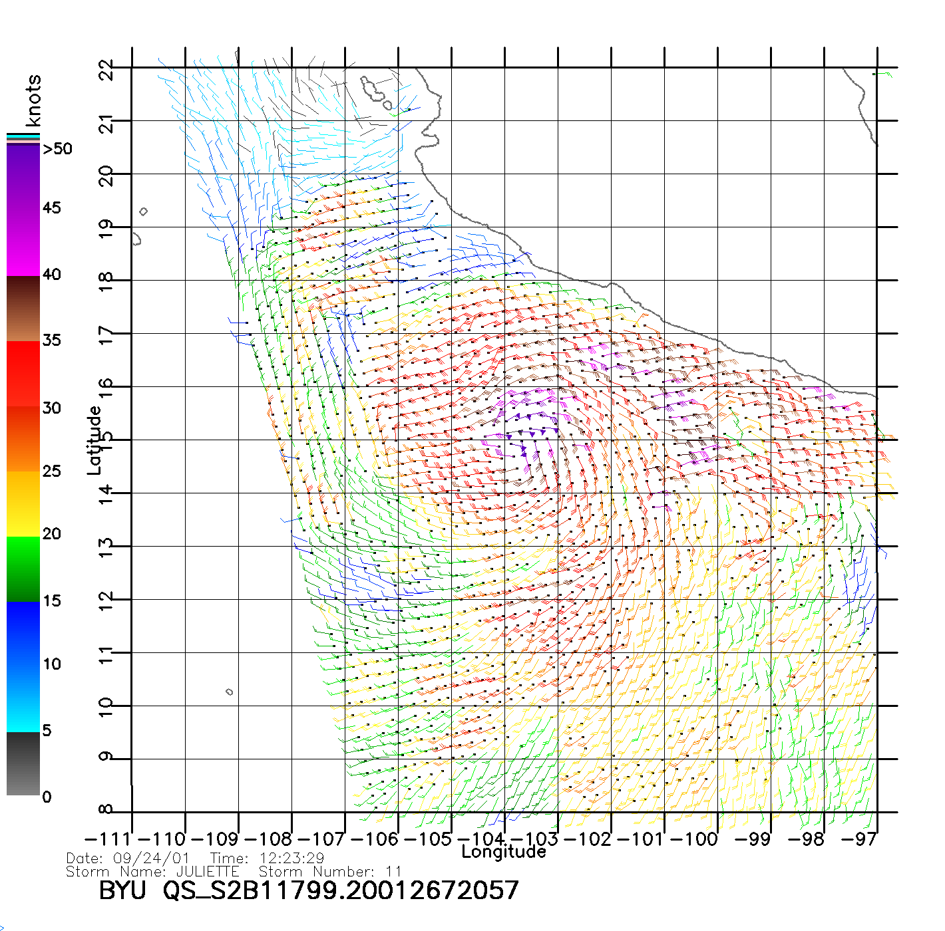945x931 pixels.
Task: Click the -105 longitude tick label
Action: tap(427, 839)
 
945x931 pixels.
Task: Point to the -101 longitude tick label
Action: tap(640, 839)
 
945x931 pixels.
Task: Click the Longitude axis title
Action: tap(504, 852)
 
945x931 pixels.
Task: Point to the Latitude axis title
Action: tap(94, 440)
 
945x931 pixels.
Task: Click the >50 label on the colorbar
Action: tap(57, 149)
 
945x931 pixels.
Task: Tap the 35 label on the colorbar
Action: tap(52, 340)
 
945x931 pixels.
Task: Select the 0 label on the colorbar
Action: tap(47, 797)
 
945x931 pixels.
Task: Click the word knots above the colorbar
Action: tap(33, 100)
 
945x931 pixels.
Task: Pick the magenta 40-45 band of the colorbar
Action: tap(23, 243)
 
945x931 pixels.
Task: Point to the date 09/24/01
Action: tap(152, 859)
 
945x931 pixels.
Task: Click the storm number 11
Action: tap(394, 871)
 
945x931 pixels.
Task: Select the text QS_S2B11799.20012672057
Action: tap(341, 890)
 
